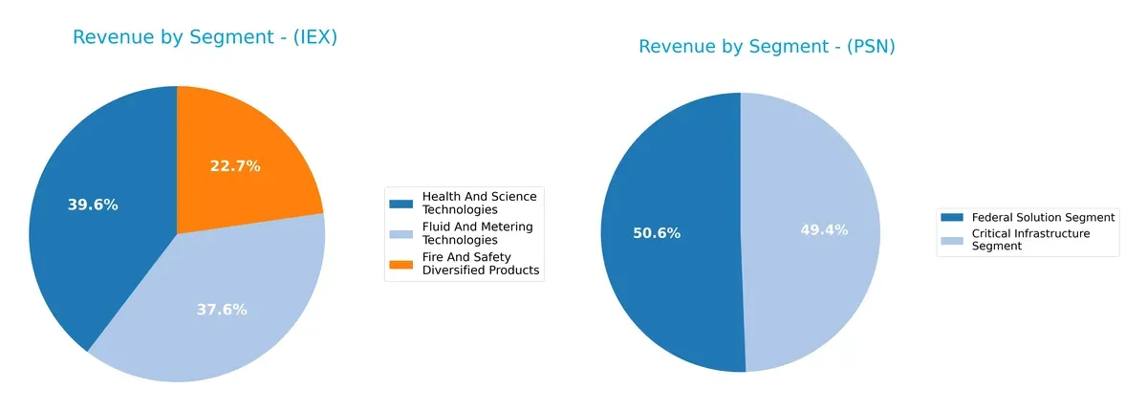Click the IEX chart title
pos(205,38)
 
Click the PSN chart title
pos(767,47)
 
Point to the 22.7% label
pos(235,166)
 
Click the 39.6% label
pos(93,205)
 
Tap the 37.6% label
pos(222,310)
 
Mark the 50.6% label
pos(657,233)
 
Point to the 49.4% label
pos(824,230)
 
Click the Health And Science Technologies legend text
pos(479,203)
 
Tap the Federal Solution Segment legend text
pos(1043,218)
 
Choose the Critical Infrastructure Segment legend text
pos(1029,240)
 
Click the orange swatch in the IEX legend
pos(401,264)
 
